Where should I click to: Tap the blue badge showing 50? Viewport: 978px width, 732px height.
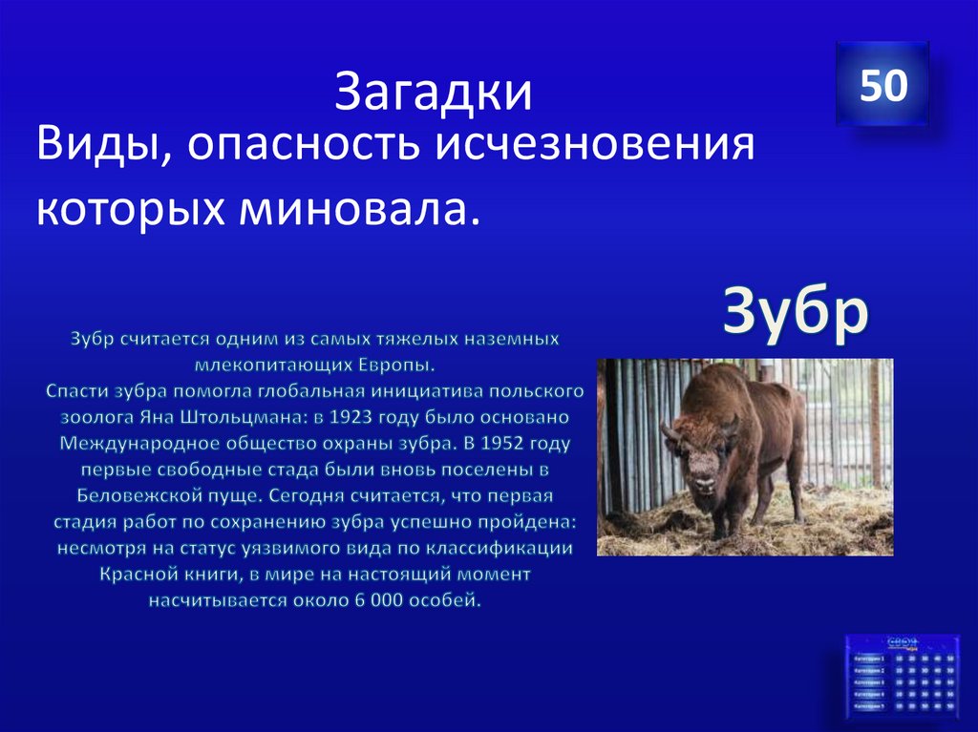882,85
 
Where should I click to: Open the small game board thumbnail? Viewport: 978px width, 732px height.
901,679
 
